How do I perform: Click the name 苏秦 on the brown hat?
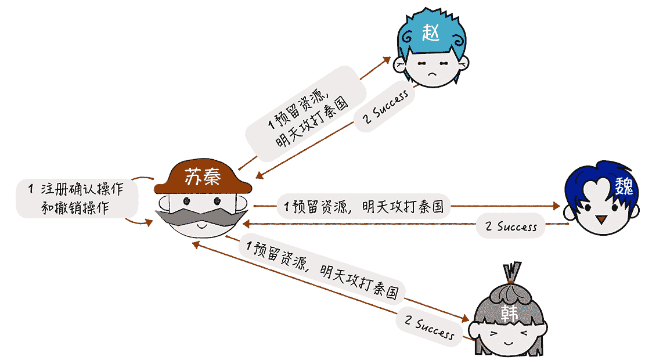tap(202, 177)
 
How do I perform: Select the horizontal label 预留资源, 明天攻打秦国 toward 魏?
tap(363, 206)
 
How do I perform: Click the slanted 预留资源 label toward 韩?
tap(323, 269)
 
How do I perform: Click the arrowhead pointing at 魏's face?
tap(556, 206)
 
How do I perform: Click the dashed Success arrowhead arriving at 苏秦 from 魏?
tap(247, 224)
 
